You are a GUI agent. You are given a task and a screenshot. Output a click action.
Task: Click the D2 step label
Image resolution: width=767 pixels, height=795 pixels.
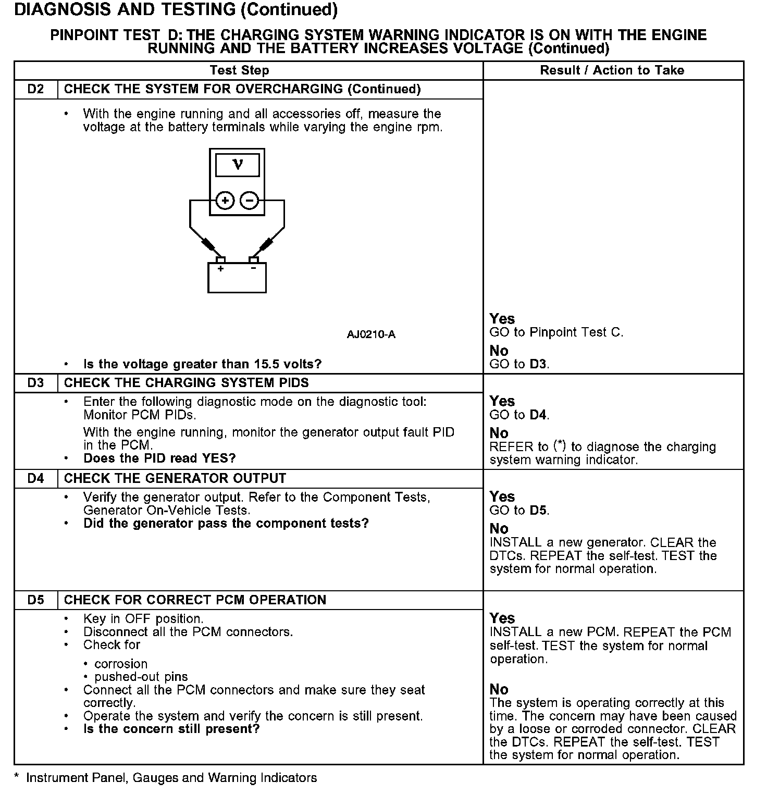pos(35,89)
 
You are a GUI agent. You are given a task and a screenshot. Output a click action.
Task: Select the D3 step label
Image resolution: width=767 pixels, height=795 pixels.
pos(35,383)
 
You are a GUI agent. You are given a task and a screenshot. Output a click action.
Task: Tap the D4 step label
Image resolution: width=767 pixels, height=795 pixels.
pos(35,478)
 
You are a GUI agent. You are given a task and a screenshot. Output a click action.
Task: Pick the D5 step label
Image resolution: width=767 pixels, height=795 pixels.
pos(35,600)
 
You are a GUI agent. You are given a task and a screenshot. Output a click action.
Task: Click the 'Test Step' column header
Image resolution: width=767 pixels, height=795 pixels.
pos(239,70)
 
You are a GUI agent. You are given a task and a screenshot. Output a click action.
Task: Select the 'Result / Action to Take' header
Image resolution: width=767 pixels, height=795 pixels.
pos(612,70)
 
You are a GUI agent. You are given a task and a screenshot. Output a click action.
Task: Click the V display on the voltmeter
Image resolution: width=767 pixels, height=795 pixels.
pos(237,165)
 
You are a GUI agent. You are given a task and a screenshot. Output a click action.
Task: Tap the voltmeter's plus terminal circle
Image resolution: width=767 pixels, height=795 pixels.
pos(225,201)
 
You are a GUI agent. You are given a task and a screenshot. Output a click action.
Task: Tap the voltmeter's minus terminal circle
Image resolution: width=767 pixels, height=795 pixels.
pos(250,201)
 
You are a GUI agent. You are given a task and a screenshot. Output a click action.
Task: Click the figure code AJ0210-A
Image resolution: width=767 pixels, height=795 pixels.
pos(371,334)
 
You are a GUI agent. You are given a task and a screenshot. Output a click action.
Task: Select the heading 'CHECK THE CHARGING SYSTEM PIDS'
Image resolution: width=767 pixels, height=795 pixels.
pos(186,383)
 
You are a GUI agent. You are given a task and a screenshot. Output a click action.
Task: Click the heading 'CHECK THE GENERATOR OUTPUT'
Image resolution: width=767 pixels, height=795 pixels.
pos(175,478)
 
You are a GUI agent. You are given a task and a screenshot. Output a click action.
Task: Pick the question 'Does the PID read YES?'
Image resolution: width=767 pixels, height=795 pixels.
pos(159,458)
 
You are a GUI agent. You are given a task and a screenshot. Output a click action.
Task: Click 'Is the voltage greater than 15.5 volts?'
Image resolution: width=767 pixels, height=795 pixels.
pos(202,364)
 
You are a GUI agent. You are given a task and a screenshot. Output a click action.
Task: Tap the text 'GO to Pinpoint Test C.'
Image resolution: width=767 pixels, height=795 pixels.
pos(556,332)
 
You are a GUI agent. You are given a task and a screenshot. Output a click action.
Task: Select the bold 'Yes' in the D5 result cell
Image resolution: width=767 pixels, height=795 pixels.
pos(502,618)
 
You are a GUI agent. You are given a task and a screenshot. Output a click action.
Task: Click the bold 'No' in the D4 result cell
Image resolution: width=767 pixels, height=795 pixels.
pos(499,529)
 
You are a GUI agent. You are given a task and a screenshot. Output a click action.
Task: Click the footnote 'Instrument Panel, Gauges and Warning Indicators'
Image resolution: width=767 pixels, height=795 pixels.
pos(171,778)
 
